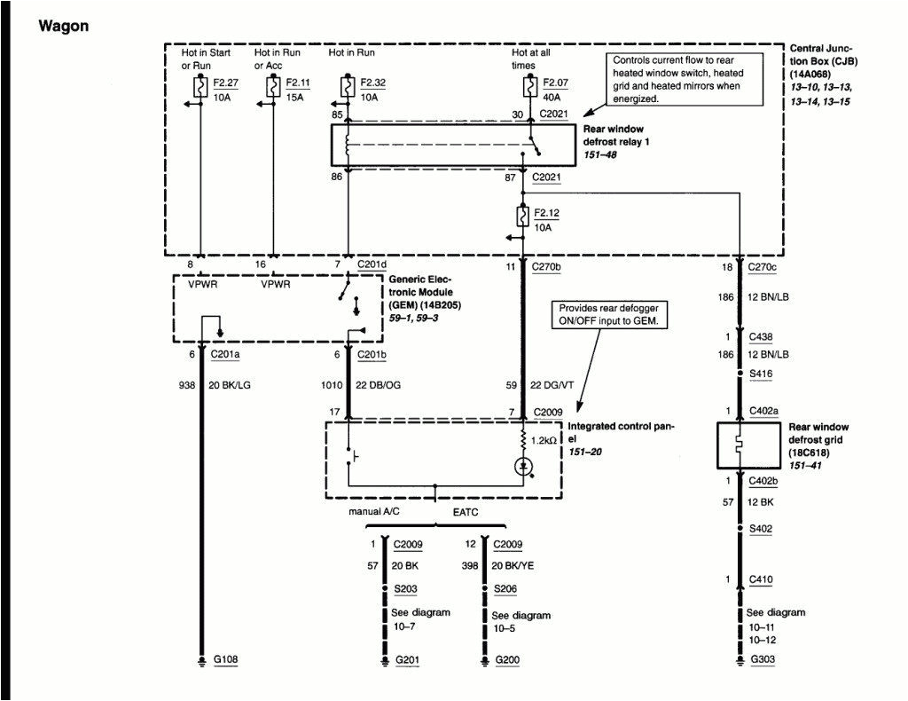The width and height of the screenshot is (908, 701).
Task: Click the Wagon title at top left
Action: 63,26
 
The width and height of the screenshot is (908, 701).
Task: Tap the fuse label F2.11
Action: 296,83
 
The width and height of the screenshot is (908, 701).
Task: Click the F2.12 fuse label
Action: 547,214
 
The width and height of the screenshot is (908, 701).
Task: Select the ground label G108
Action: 225,660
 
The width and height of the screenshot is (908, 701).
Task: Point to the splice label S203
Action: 405,588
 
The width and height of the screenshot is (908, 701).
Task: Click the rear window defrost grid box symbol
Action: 741,445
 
